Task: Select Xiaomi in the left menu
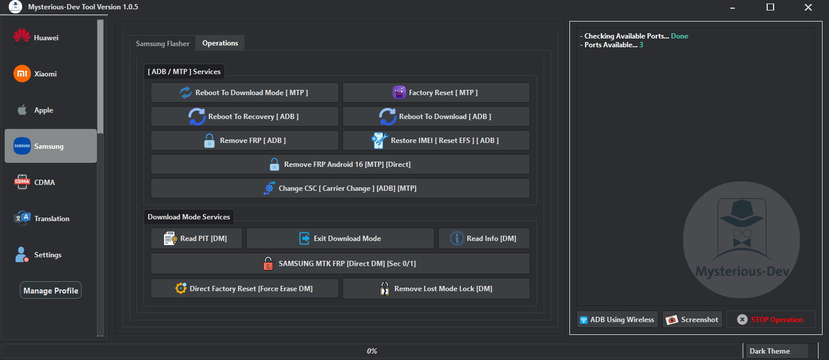coord(45,74)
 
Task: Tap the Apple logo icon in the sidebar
coord(22,110)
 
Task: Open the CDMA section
coord(44,183)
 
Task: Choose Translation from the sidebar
coord(51,219)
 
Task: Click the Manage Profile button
coord(51,291)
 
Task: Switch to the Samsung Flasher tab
coord(163,44)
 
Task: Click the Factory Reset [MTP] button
coord(436,93)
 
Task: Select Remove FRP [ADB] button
coord(244,141)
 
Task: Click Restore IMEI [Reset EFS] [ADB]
coord(436,141)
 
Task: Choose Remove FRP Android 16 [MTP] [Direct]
coord(340,165)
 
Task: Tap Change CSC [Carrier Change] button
coord(340,188)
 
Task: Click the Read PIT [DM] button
coord(196,239)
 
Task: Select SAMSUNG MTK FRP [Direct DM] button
coord(340,264)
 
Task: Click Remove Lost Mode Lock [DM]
coord(436,289)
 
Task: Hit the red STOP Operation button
coord(770,320)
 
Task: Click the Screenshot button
coord(692,320)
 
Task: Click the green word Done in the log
coord(679,36)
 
